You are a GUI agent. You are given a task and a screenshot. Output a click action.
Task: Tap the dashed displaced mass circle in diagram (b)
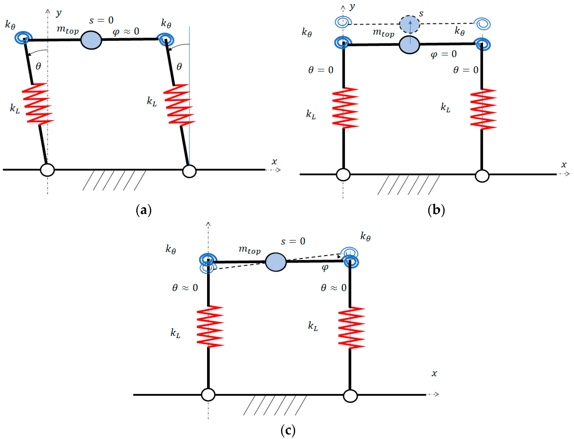point(409,24)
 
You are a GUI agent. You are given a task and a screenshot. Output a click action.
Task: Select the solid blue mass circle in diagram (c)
point(276,262)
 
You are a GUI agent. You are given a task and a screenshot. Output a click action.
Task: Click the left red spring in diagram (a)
point(38,104)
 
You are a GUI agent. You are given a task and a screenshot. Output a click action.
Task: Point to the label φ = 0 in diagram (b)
point(443,54)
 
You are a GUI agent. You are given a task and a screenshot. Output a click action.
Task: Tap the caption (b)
point(436,210)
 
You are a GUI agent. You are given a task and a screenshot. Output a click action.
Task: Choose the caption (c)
point(288,430)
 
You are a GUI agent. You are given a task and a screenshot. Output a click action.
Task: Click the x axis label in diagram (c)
point(434,373)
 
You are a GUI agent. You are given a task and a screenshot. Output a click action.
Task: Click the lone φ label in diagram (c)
point(325,267)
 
